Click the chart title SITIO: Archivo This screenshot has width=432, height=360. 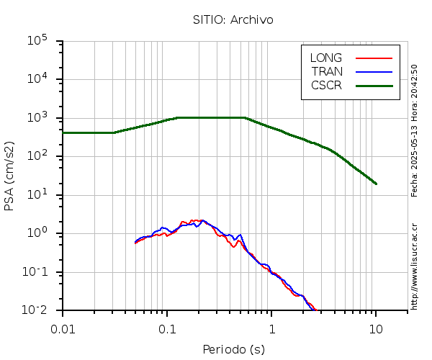click(x=233, y=19)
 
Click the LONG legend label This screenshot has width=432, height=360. click(x=326, y=58)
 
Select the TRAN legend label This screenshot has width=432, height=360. click(x=327, y=71)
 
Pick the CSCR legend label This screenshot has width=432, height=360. click(x=326, y=85)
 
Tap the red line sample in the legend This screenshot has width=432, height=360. click(x=374, y=58)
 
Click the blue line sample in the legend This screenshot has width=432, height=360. click(x=374, y=71)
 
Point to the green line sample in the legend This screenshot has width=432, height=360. click(x=374, y=85)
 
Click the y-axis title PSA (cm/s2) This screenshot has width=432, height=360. click(x=10, y=176)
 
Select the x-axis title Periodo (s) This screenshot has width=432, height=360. click(x=233, y=350)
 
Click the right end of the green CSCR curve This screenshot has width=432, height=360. click(x=376, y=184)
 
